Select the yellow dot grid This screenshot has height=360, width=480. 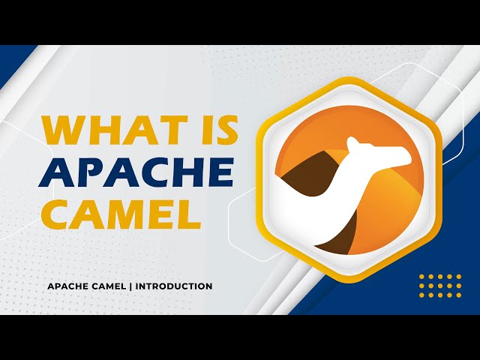coord(440,286)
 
